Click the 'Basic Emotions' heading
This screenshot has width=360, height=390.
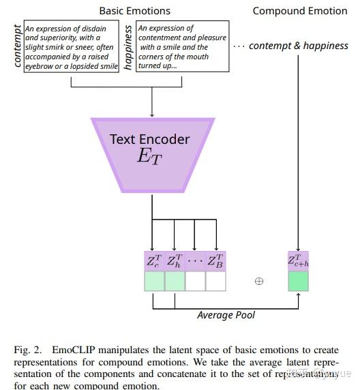(x=135, y=11)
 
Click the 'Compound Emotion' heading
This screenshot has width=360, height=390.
(x=301, y=11)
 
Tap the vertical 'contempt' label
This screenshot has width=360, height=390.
(x=18, y=47)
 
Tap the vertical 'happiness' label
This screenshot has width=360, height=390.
(x=127, y=47)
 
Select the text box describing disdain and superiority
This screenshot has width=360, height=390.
(x=71, y=47)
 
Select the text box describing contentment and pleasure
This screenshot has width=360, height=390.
(x=182, y=47)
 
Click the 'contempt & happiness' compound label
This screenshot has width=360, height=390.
(x=299, y=46)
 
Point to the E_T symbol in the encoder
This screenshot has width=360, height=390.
(x=151, y=156)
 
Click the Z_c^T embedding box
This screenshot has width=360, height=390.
(x=154, y=261)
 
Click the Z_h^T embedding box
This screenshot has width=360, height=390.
(x=175, y=261)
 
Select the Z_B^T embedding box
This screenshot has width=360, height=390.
(x=215, y=261)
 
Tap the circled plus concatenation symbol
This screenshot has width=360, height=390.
(x=258, y=281)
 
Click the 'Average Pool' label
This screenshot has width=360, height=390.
(x=226, y=315)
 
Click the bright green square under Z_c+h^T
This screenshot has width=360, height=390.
(x=299, y=282)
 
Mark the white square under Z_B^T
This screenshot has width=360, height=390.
(x=215, y=282)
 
